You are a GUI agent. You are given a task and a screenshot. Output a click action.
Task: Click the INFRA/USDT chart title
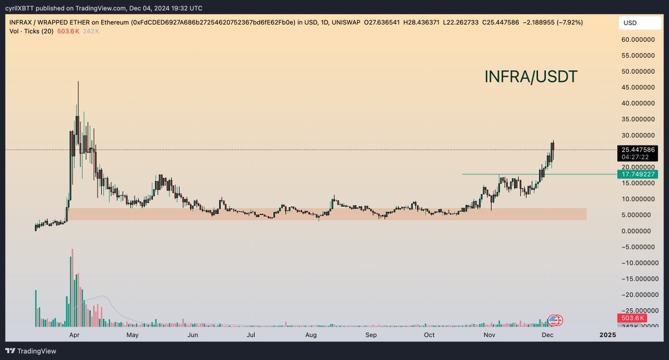pyautogui.click(x=530, y=77)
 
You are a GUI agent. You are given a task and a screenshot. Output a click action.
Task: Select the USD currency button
pyautogui.click(x=630, y=23)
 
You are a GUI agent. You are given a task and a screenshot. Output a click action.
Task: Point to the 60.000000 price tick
pyautogui.click(x=638, y=40)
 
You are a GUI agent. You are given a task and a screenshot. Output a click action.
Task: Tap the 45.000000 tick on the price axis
pyautogui.click(x=638, y=87)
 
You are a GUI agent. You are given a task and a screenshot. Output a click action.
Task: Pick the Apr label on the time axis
pyautogui.click(x=72, y=335)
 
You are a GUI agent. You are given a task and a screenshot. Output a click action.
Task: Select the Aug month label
pyautogui.click(x=311, y=335)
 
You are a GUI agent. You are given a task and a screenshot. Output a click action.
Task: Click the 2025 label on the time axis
pyautogui.click(x=607, y=335)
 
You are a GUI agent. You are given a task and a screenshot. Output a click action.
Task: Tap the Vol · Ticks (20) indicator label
pyautogui.click(x=31, y=31)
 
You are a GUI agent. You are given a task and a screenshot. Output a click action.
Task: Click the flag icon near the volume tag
pyautogui.click(x=555, y=320)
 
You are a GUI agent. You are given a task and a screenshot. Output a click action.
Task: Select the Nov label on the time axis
pyautogui.click(x=489, y=335)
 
